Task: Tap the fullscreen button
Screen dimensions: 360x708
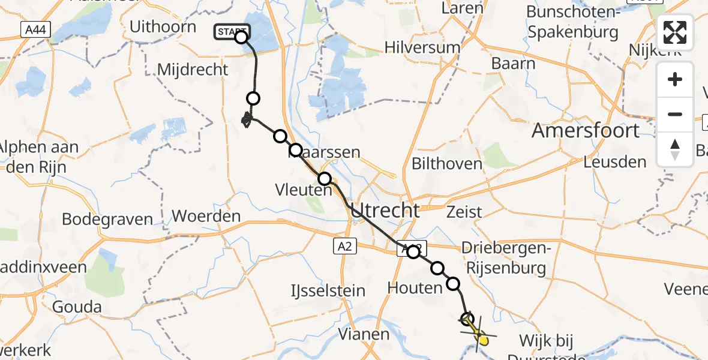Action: [x=675, y=32]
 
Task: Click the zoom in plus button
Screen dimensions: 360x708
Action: [x=675, y=80]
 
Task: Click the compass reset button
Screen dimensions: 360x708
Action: [x=675, y=149]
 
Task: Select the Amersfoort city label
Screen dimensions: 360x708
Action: [x=586, y=130]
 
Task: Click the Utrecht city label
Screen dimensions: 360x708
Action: [x=385, y=210]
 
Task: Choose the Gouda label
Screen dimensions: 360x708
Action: [x=77, y=308]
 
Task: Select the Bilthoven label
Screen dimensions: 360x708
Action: [x=447, y=163]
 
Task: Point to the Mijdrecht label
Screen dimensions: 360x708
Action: [x=193, y=70]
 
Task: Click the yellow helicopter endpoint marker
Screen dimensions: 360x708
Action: [x=482, y=340]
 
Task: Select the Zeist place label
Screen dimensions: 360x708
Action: [x=464, y=212]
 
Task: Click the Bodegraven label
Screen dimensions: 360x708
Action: [x=107, y=219]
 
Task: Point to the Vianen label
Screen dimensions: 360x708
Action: [x=364, y=334]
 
